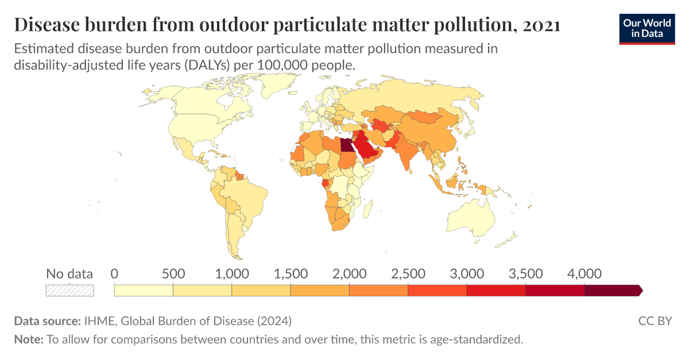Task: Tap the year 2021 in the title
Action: pos(542,25)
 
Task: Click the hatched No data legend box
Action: pos(69,291)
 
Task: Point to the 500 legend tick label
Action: pos(173,273)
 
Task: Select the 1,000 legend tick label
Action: pos(231,273)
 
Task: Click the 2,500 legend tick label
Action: pos(408,273)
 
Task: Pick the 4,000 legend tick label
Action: pos(585,273)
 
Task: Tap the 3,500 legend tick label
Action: pos(525,273)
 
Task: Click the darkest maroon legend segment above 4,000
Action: pos(612,291)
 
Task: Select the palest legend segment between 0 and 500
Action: pos(144,291)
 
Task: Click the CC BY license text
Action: pos(655,320)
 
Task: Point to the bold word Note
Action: pos(29,339)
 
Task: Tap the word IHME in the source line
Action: pos(98,320)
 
